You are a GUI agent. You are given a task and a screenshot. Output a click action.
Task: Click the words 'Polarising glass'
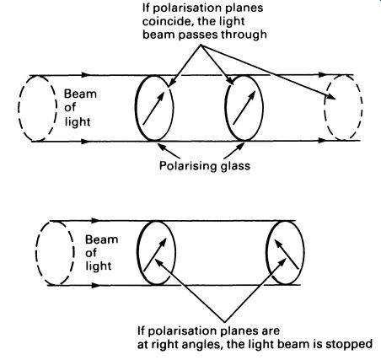coord(205,165)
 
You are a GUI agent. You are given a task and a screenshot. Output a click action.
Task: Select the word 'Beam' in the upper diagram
coord(80,94)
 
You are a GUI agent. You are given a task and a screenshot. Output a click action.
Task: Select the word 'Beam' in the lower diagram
coord(101,239)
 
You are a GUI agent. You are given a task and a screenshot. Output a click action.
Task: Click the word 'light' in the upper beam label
coord(78,122)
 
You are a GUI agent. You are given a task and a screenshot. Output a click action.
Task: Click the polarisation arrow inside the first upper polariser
coord(153,108)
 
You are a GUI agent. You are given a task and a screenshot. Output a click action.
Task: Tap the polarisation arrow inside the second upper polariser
coord(244,107)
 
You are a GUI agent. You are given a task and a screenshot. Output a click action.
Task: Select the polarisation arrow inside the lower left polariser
coord(155,255)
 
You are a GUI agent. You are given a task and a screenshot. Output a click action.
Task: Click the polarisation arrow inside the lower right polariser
coord(287,254)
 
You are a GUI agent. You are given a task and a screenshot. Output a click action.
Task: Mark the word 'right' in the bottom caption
coord(165,345)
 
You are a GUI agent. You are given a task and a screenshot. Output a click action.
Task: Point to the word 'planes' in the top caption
coord(245,8)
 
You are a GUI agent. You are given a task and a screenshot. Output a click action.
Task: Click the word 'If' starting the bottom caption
coord(141,330)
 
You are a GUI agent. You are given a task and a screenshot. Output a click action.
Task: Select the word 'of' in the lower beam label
coord(91,253)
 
